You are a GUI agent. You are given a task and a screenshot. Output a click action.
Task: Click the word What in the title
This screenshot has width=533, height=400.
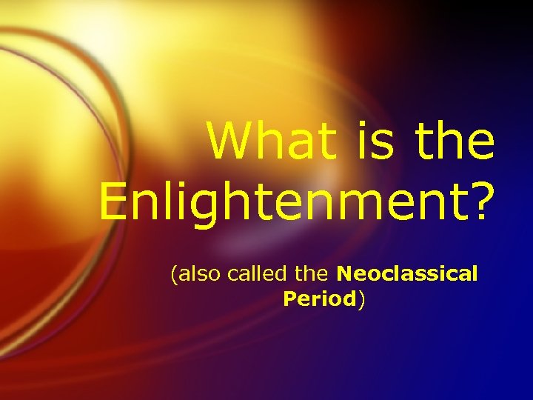point(265,141)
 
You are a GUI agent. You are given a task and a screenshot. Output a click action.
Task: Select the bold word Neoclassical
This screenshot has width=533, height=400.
point(406,274)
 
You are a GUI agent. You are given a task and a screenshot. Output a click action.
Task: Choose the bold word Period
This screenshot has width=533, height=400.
point(319,299)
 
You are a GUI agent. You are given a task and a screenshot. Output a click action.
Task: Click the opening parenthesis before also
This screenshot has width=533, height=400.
point(174,275)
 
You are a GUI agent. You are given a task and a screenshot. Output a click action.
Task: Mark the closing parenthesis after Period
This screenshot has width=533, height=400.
point(361,299)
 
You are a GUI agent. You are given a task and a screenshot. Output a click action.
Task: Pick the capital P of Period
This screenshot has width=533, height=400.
point(289,299)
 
